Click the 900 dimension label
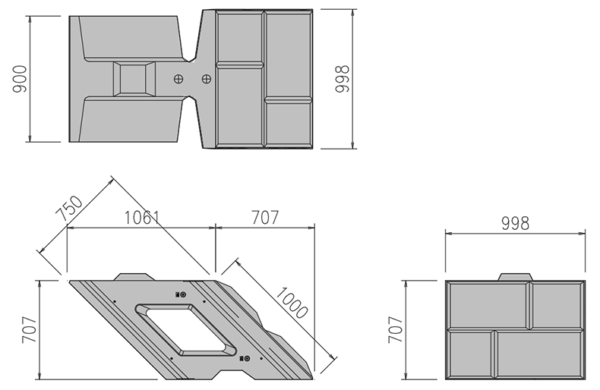point(20,79)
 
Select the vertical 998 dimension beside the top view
point(342,79)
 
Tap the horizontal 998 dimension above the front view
point(515,223)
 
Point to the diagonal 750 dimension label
point(69,209)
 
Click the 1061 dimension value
point(142,218)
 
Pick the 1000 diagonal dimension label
point(292,303)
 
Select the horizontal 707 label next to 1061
point(265,218)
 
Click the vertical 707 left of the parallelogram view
point(29,329)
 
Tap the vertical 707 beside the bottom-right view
point(396,329)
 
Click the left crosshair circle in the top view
point(178,79)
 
